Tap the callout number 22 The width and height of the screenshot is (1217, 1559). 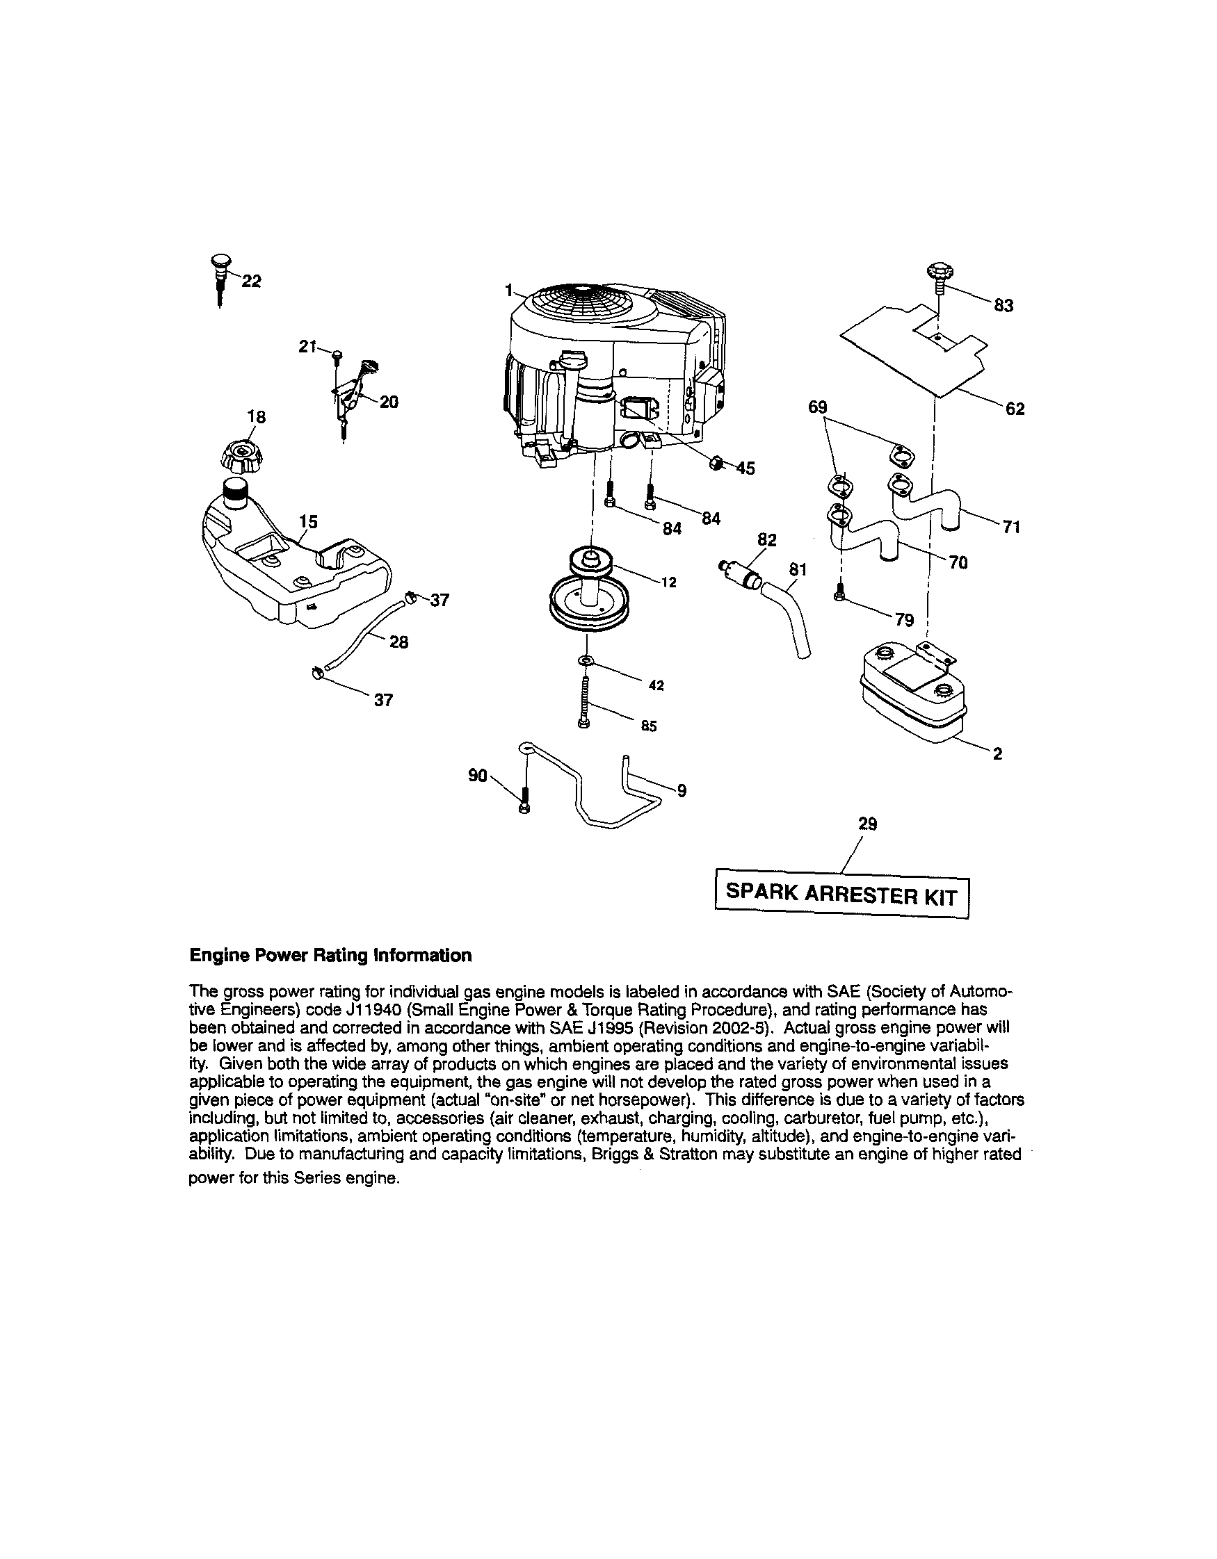pyautogui.click(x=252, y=281)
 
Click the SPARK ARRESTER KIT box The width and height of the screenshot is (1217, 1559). pyautogui.click(x=842, y=894)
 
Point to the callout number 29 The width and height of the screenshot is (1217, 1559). pyautogui.click(x=867, y=824)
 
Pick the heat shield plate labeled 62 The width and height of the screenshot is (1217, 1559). pyautogui.click(x=914, y=350)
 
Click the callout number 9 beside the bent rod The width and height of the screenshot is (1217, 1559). pyautogui.click(x=682, y=790)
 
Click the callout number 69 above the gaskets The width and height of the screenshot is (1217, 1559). pyautogui.click(x=817, y=407)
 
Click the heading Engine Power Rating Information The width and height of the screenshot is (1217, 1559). pyautogui.click(x=330, y=955)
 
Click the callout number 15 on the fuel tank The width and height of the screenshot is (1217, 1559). pyautogui.click(x=308, y=521)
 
